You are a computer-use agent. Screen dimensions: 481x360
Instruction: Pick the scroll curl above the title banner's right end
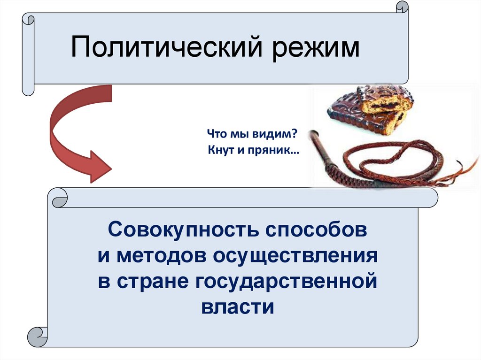point(402,8)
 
